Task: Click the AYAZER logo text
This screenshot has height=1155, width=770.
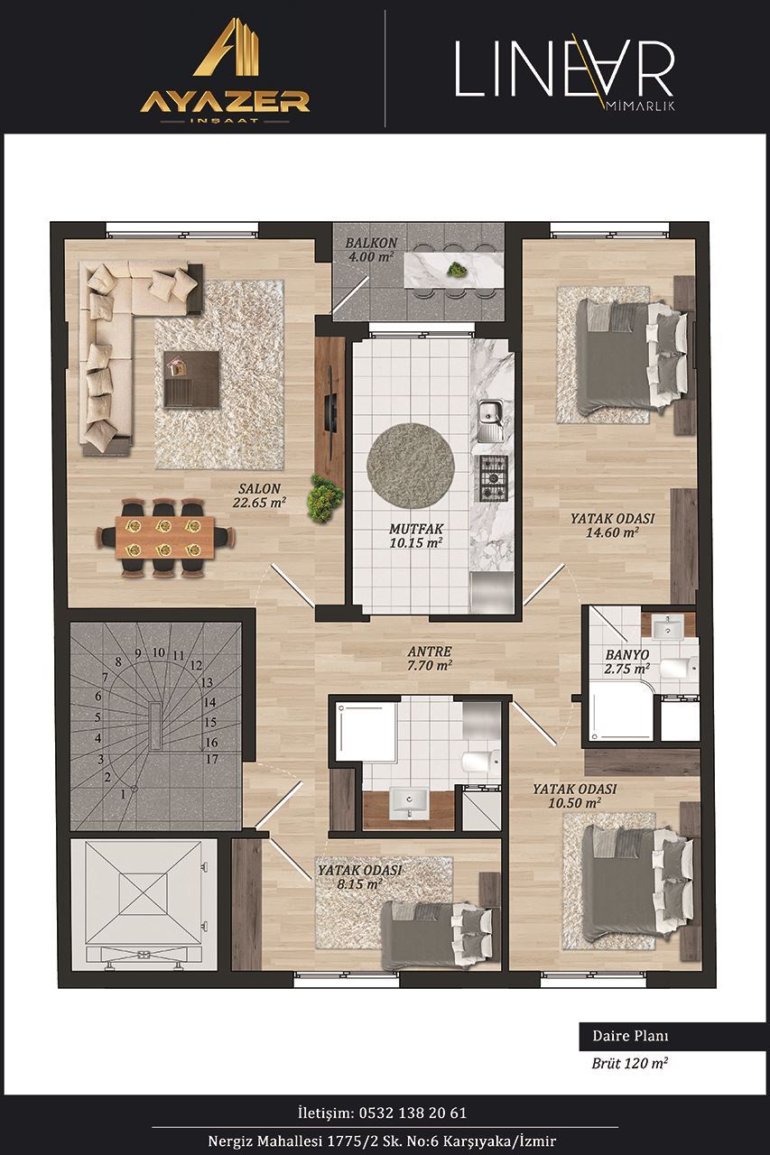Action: (x=225, y=102)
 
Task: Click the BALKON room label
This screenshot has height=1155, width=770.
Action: (x=371, y=243)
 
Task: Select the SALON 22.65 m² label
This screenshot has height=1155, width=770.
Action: (x=259, y=495)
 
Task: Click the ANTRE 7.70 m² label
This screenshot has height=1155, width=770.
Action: (x=429, y=659)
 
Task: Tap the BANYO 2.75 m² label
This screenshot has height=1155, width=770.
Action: (x=627, y=661)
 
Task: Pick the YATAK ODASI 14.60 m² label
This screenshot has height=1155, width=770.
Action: (x=612, y=525)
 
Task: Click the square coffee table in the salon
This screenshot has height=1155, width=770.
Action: (x=192, y=379)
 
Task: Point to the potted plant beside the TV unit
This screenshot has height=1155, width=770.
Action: (x=325, y=497)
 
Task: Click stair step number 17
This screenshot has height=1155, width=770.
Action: (x=212, y=759)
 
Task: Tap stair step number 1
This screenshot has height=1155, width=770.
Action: (x=123, y=795)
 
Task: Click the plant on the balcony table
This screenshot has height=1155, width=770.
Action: (x=455, y=269)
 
